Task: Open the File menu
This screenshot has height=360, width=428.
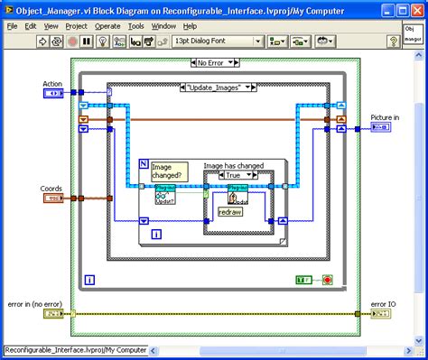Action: point(13,26)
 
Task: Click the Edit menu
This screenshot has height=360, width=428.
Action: point(32,26)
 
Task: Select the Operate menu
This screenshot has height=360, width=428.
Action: point(107,26)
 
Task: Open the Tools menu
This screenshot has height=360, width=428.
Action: point(136,26)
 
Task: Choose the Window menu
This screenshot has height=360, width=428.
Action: point(163,26)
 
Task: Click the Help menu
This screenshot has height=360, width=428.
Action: point(190,26)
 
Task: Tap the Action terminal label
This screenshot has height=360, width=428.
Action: point(51,84)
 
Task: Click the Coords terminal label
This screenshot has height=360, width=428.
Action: point(51,189)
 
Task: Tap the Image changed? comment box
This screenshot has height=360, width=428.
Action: point(167,170)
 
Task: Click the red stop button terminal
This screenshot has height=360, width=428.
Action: point(327,280)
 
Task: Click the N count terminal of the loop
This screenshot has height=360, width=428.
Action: point(144,163)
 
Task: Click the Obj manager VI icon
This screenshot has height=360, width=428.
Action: point(413,34)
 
